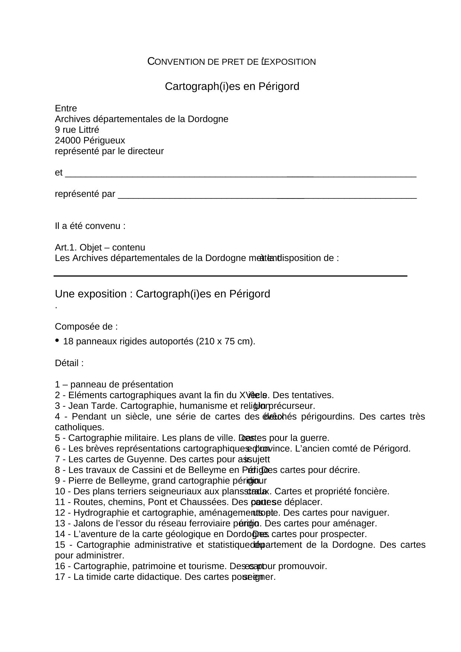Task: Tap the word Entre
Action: [66, 109]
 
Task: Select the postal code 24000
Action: [68, 141]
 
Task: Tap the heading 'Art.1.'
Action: [66, 248]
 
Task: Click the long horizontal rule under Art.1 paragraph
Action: [230, 276]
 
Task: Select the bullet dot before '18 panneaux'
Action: [57, 340]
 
